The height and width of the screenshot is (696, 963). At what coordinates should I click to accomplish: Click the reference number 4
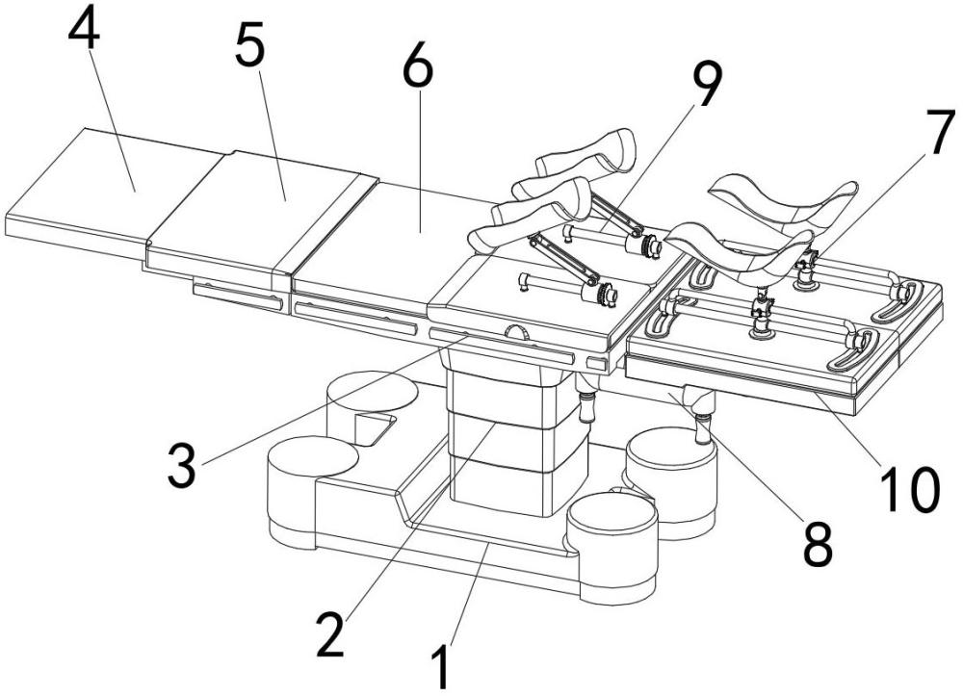point(85,28)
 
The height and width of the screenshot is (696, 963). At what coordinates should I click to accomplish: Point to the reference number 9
point(706,84)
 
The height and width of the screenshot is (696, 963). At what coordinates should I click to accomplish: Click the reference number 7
point(940,131)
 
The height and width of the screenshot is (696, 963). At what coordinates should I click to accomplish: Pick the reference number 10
point(910,489)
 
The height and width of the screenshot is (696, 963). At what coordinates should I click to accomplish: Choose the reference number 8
point(818,544)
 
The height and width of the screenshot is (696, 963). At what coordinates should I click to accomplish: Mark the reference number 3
point(182,467)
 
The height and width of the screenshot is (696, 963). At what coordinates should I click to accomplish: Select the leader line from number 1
point(470,594)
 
